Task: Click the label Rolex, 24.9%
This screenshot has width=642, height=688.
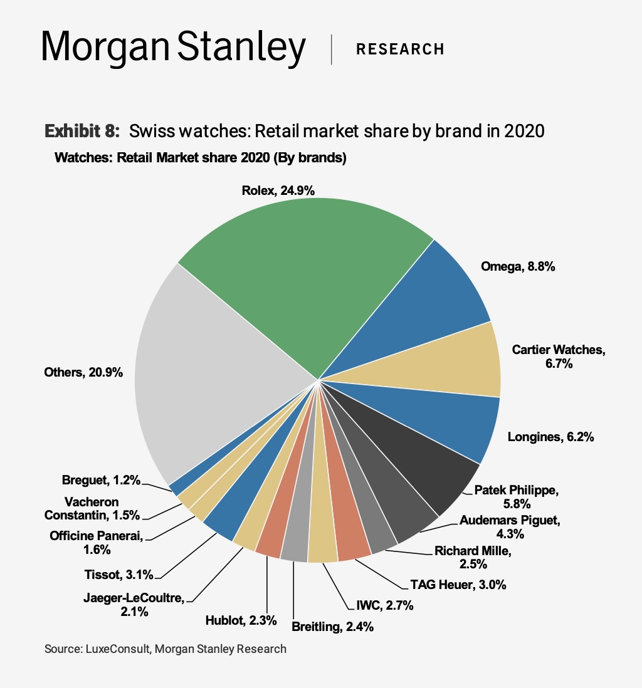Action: [280, 190]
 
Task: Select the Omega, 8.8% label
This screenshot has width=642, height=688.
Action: [518, 266]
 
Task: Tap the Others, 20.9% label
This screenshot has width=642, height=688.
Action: [83, 372]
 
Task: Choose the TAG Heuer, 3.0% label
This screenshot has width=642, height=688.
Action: [458, 585]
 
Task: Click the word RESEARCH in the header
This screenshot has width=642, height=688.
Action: [400, 49]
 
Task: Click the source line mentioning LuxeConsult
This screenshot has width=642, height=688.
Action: [166, 649]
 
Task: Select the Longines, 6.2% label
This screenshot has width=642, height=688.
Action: [550, 437]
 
